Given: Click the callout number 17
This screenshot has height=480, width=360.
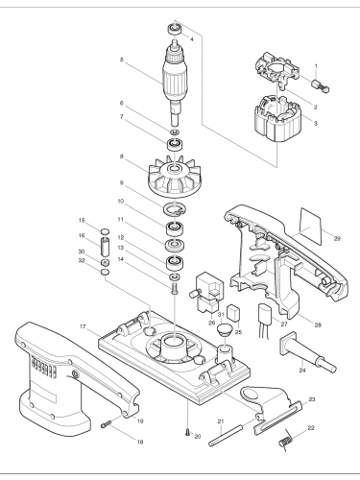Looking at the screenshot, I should coord(84,327).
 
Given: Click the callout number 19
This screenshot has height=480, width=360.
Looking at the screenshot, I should coord(140,421).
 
